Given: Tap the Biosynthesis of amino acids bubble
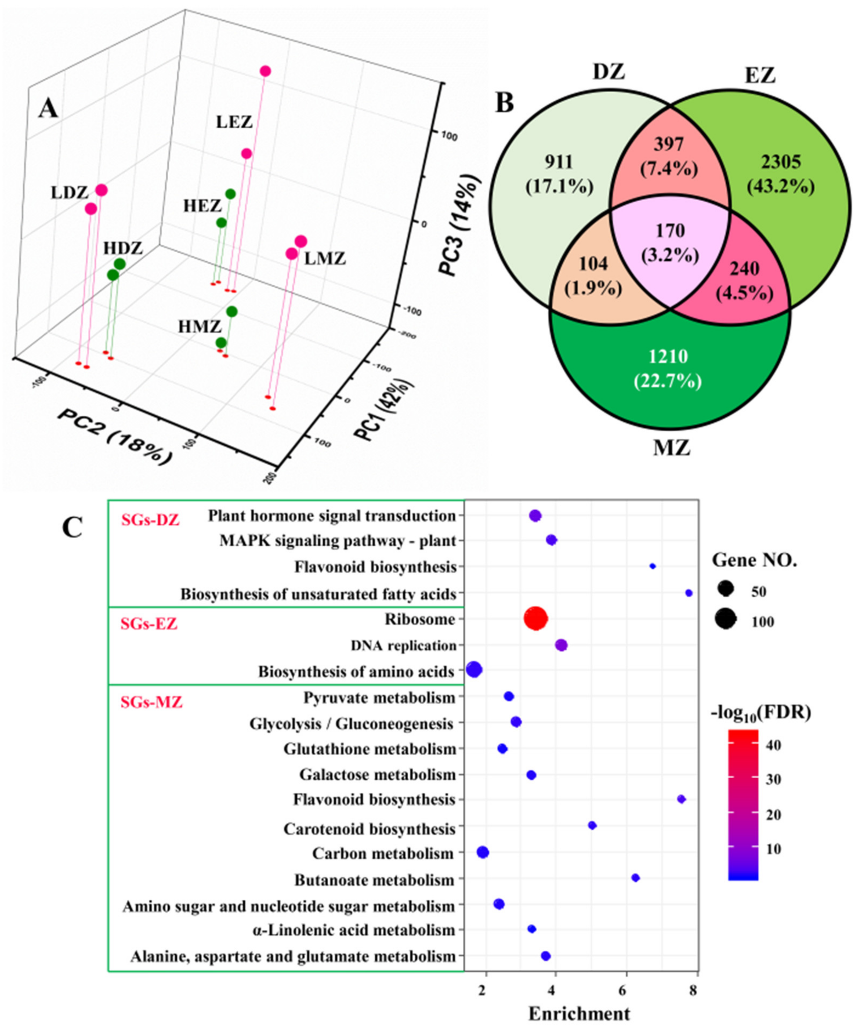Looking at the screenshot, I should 474,669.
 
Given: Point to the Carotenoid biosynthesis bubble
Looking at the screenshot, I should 592,825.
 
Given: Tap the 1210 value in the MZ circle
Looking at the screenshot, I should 668,357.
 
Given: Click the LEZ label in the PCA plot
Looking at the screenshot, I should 234,122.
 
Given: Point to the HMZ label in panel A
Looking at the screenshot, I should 200,326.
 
